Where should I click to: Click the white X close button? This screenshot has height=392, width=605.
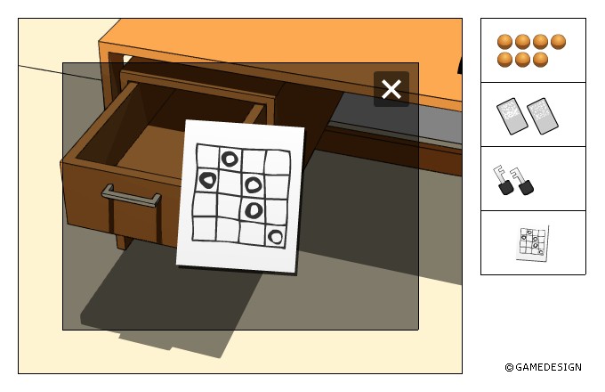tap(391, 89)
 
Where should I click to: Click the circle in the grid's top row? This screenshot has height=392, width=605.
tap(230, 159)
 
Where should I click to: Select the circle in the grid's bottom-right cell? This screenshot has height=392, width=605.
tap(276, 236)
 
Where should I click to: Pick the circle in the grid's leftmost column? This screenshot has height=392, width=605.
tap(208, 180)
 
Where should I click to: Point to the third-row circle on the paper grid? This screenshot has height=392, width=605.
tap(254, 210)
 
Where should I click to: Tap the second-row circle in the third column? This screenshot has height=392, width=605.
tap(253, 184)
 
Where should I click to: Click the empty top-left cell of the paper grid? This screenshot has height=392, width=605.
tap(207, 157)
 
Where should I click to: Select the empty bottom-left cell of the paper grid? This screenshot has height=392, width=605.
tap(205, 229)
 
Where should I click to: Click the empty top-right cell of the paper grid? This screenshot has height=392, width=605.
tap(278, 163)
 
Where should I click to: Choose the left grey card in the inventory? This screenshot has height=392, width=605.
tap(512, 116)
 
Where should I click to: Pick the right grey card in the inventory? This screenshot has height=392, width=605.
tap(543, 116)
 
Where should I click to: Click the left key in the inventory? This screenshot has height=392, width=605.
tap(503, 180)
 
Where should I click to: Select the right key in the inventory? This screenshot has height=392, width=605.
tap(522, 181)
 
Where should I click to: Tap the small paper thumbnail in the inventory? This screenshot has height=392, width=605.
tap(532, 244)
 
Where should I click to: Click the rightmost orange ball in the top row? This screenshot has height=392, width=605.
tap(558, 42)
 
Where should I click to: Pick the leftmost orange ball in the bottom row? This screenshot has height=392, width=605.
tap(504, 60)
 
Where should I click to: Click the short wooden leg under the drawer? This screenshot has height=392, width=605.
tap(124, 241)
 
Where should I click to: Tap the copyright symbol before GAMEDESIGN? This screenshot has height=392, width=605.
tap(509, 367)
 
